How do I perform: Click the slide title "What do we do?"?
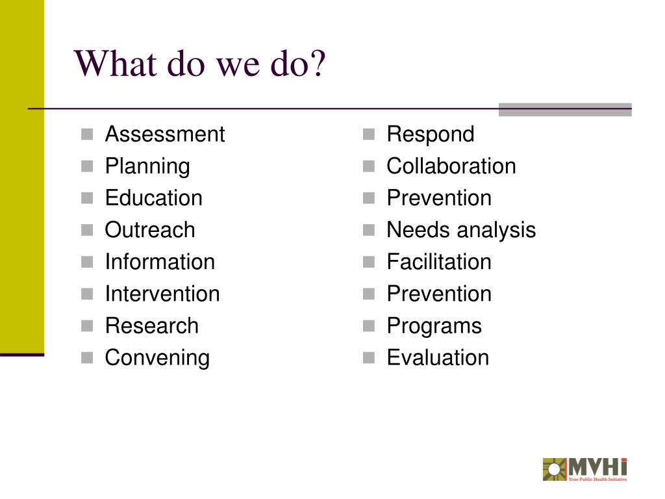click(x=201, y=64)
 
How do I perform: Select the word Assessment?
click(x=164, y=134)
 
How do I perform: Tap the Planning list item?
click(x=147, y=166)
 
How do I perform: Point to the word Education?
click(x=153, y=198)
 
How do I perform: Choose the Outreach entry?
click(x=149, y=230)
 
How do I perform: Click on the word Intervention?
click(x=162, y=294)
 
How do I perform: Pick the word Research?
click(x=151, y=326)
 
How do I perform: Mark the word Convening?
click(x=157, y=357)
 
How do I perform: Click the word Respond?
click(x=430, y=134)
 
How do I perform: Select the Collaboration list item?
click(x=451, y=166)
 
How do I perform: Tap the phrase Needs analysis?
click(x=461, y=230)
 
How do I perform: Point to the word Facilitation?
click(x=439, y=262)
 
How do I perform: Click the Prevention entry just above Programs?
click(x=439, y=294)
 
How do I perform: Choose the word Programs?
click(x=434, y=326)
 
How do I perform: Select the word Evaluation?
click(x=438, y=357)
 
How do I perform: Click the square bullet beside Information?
click(x=88, y=262)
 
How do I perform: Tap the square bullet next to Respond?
click(x=369, y=135)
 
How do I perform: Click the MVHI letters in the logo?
click(x=597, y=467)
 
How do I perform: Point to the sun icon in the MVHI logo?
click(x=554, y=469)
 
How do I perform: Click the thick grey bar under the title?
click(x=564, y=109)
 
